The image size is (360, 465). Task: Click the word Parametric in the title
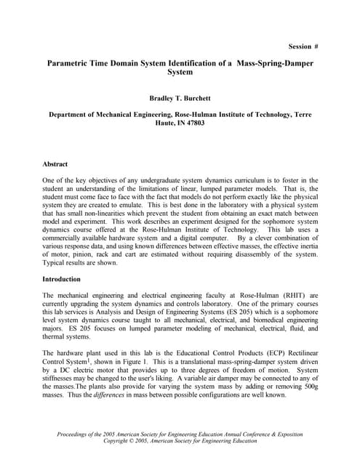[72, 64]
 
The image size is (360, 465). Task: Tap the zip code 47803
[191, 123]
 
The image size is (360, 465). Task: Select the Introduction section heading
[62, 279]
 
